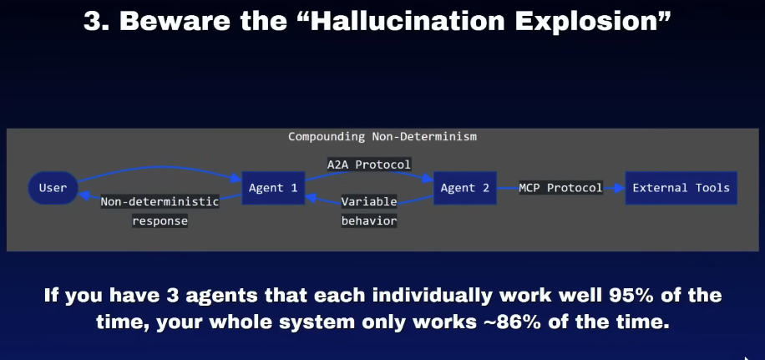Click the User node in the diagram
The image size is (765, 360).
click(53, 188)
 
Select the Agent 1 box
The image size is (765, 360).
click(273, 188)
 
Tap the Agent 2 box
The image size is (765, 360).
click(465, 188)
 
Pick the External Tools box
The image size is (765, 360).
click(681, 188)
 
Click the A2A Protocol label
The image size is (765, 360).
click(369, 165)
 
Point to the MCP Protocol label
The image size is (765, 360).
click(560, 188)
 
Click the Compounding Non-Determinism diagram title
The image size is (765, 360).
click(382, 137)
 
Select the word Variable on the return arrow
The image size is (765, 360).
click(369, 201)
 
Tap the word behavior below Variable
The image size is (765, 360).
click(369, 221)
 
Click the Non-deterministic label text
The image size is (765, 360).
click(160, 201)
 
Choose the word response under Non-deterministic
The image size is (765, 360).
click(160, 221)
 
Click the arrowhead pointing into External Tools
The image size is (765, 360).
click(620, 188)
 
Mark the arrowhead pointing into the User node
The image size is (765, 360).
click(84, 196)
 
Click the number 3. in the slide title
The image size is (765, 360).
click(97, 21)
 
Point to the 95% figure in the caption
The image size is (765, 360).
click(648, 295)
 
